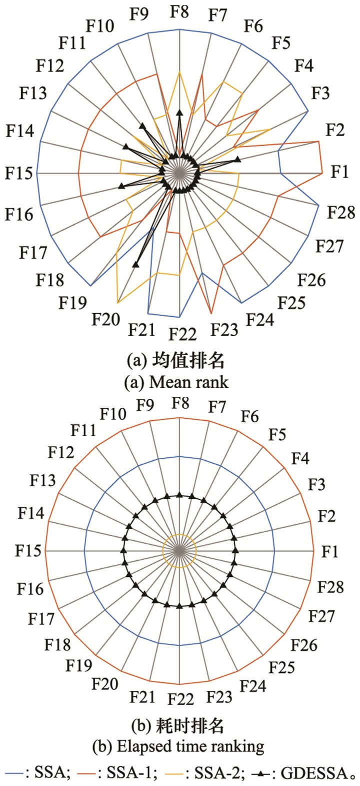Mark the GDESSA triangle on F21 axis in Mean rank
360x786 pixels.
click(136, 264)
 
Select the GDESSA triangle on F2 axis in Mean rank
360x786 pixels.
click(237, 159)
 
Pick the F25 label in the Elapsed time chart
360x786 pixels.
click(282, 668)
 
